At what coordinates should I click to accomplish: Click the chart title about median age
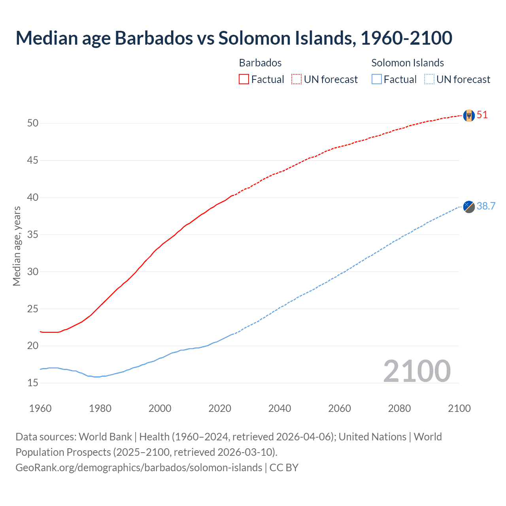234,38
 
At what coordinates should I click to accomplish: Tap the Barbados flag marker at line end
469,115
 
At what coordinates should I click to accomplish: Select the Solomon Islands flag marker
469,206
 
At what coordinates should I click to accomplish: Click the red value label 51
482,115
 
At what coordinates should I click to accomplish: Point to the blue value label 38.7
486,206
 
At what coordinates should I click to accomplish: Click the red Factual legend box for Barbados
244,79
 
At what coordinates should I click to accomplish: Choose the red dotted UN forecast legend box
296,79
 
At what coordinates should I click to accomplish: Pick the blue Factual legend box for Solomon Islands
377,79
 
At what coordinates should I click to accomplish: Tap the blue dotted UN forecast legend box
429,79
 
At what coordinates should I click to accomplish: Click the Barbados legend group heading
260,63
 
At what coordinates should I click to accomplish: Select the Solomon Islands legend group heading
407,63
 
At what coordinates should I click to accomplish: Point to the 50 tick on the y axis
33,123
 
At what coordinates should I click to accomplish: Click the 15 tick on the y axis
33,383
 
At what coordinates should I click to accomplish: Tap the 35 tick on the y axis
33,235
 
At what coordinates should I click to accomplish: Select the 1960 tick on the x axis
40,408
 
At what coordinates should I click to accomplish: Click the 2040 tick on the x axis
279,408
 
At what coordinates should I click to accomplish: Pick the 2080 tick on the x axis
399,408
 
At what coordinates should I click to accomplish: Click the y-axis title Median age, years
17,246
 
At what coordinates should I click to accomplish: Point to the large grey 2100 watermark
417,371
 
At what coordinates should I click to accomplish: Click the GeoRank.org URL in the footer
139,468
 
